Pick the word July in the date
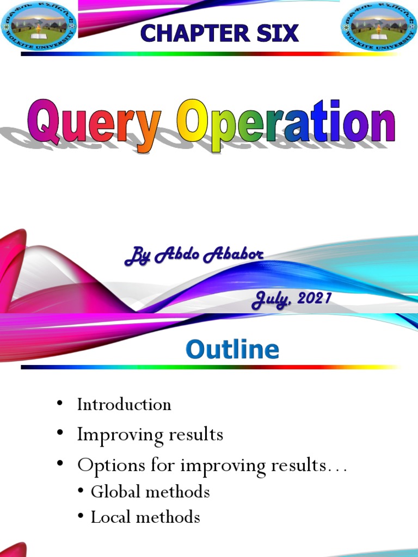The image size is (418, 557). click(270, 300)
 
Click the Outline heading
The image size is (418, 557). click(232, 349)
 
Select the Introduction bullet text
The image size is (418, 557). click(124, 404)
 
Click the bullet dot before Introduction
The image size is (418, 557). click(59, 404)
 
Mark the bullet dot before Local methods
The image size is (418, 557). click(81, 517)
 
